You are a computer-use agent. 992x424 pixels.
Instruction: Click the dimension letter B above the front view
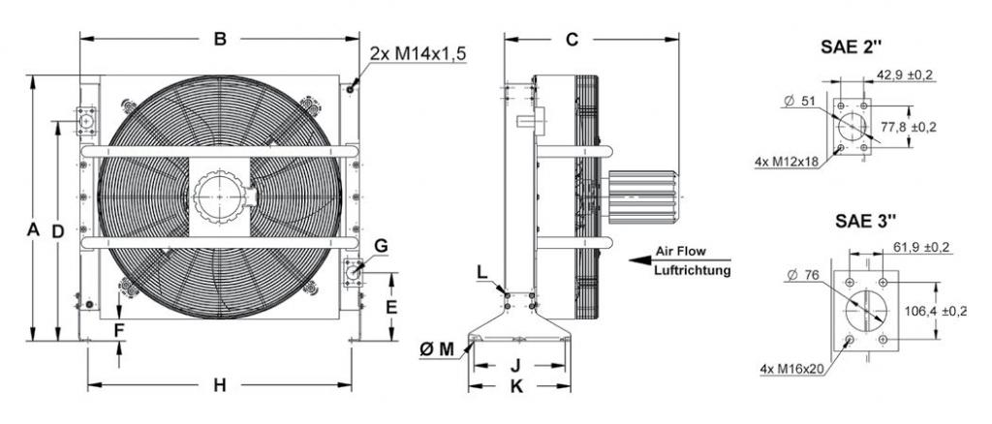[x=220, y=39]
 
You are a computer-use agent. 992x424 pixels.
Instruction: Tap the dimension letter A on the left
[x=33, y=230]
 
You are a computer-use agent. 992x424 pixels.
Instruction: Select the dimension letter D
[x=58, y=232]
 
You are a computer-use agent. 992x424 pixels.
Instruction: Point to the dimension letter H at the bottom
[x=220, y=385]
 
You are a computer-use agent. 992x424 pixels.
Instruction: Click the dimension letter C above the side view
[x=572, y=39]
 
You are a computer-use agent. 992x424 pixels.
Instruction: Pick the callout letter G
[x=381, y=246]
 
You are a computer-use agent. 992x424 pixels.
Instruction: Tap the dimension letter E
[x=391, y=307]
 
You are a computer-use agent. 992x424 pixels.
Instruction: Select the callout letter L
[x=482, y=272]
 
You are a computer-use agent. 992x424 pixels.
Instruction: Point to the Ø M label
[x=437, y=348]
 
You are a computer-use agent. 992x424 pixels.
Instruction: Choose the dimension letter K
[x=517, y=386]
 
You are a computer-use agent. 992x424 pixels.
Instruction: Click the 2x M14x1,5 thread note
[x=418, y=53]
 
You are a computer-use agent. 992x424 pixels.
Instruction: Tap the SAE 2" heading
[x=851, y=46]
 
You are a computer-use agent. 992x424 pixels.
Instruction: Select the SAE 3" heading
[x=865, y=221]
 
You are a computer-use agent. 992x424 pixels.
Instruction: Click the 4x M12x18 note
[x=787, y=163]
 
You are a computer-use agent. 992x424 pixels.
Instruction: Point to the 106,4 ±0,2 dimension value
[x=937, y=312]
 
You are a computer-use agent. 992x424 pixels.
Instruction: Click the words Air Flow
[x=680, y=251]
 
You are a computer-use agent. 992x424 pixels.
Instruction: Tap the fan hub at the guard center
[x=219, y=197]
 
